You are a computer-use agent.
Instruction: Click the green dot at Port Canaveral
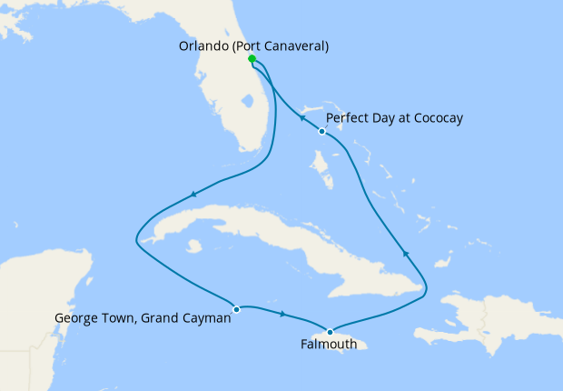click(252, 59)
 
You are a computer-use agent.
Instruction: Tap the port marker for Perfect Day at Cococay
click(321, 132)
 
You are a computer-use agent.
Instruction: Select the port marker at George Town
click(236, 309)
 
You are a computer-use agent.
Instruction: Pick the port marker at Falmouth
click(330, 331)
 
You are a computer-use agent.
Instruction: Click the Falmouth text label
click(329, 345)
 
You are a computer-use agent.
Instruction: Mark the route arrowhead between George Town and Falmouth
click(284, 315)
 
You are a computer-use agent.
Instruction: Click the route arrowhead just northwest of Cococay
click(302, 118)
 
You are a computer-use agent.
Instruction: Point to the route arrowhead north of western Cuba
click(193, 194)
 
